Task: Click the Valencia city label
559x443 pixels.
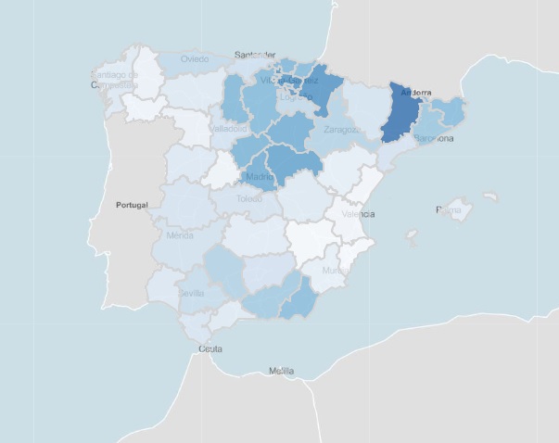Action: pyautogui.click(x=358, y=214)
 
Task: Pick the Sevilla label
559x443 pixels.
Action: pyautogui.click(x=192, y=293)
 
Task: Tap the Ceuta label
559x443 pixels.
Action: pyautogui.click(x=210, y=349)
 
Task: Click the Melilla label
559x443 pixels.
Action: pyautogui.click(x=281, y=371)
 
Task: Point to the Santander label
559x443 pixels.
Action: pyautogui.click(x=257, y=55)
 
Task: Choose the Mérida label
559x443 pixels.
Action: pyautogui.click(x=179, y=236)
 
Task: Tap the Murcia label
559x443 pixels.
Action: pyautogui.click(x=337, y=271)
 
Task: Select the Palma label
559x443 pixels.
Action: pyautogui.click(x=449, y=210)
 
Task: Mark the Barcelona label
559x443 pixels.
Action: pyautogui.click(x=433, y=139)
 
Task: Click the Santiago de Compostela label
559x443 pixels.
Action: pyautogui.click(x=115, y=79)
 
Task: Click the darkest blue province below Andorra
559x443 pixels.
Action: pyautogui.click(x=404, y=116)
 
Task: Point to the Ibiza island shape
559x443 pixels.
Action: pyautogui.click(x=411, y=237)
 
